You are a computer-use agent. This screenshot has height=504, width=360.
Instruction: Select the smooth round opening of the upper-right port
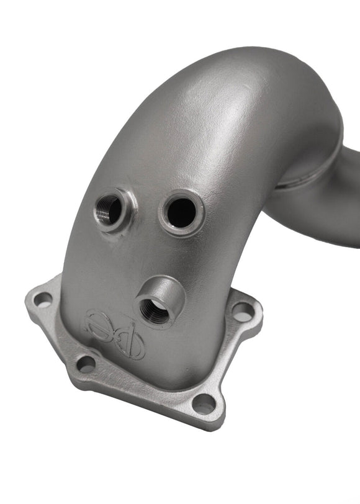click(181, 213)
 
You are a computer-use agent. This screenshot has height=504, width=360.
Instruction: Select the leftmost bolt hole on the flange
click(42, 299)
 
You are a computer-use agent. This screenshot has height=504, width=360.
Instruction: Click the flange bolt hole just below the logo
click(86, 364)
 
